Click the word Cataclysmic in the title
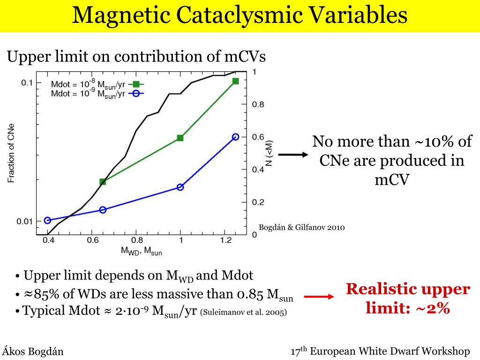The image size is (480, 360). tap(243, 15)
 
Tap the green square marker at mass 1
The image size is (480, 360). tap(180, 138)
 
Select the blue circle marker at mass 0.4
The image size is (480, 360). tap(47, 220)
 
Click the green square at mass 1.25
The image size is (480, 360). tap(235, 81)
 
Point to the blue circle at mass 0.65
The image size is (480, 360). tap(103, 210)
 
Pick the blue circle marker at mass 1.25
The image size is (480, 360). tap(235, 137)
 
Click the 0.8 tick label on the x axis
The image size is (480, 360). tap(136, 240)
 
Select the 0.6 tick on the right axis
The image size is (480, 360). tap(258, 137)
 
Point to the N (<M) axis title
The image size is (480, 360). tap(270, 153)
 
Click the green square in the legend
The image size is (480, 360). tap(136, 84)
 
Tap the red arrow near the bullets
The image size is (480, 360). tap(319, 297)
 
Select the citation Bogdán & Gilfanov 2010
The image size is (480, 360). tap(305, 228)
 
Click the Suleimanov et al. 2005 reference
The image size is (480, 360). tap(243, 312)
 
